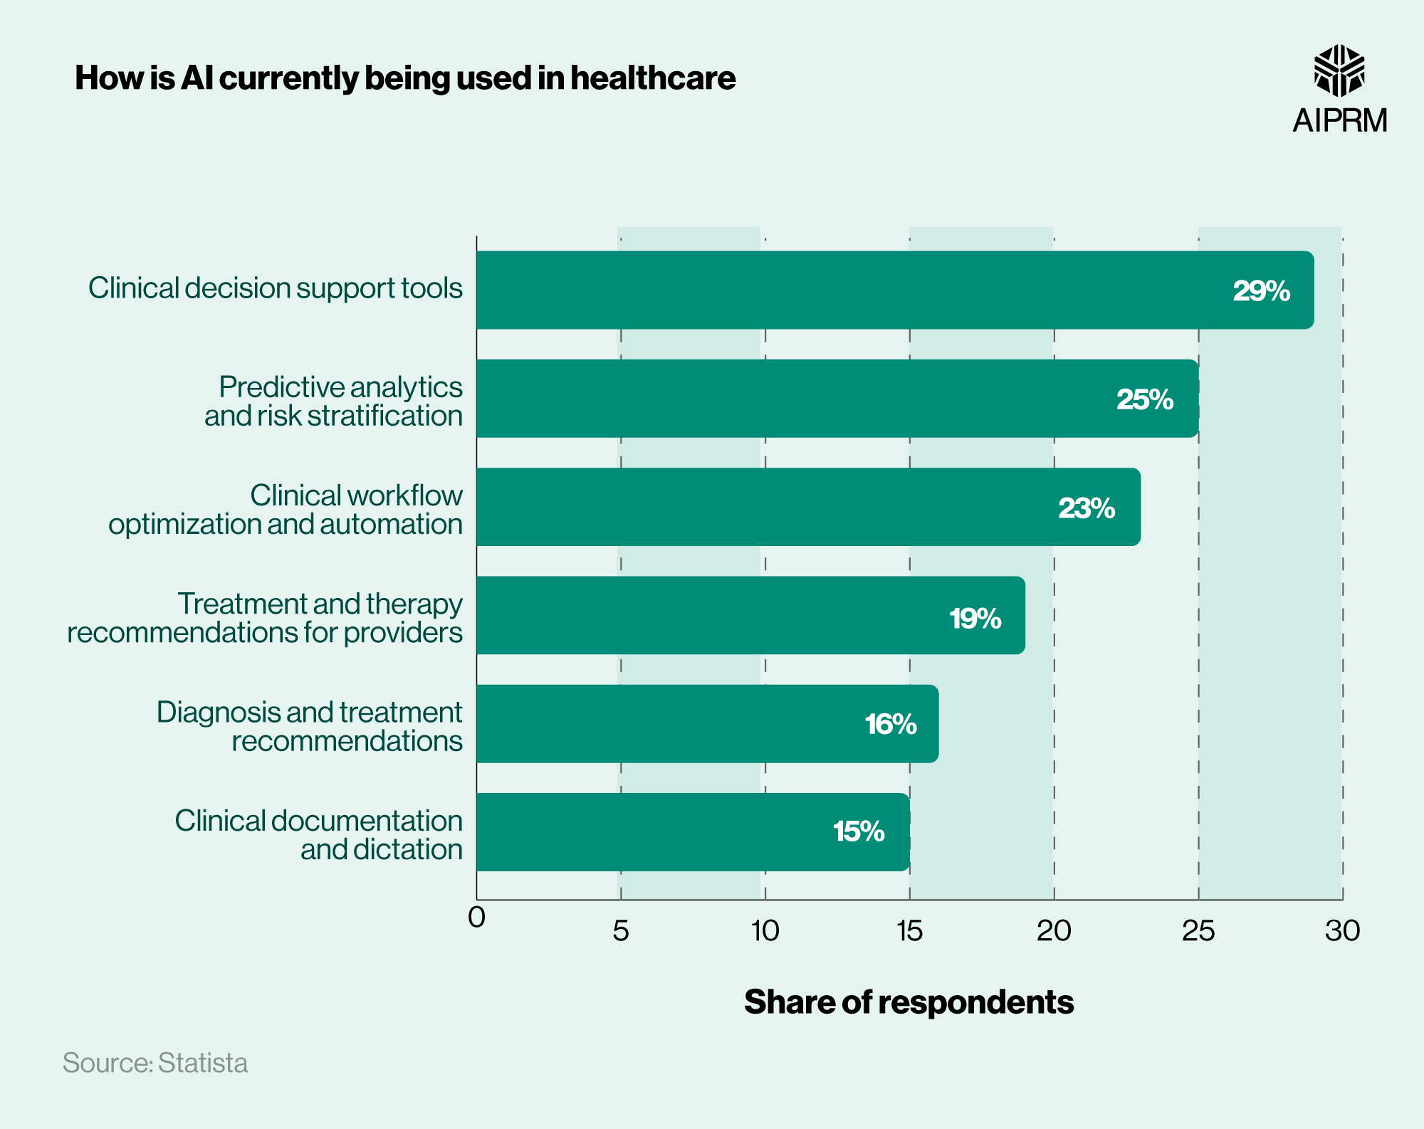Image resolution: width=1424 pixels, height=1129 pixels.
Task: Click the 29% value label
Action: click(x=1261, y=291)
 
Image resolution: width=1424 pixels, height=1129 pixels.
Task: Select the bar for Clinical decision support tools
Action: click(x=854, y=290)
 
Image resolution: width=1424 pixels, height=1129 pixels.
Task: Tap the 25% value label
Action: click(x=1144, y=399)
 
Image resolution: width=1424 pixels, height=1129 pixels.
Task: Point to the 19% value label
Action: click(x=975, y=618)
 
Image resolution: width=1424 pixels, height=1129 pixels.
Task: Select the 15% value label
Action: click(x=858, y=831)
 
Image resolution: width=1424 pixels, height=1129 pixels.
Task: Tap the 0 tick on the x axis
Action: click(x=476, y=918)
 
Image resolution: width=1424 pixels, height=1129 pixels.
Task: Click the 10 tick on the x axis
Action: click(x=765, y=931)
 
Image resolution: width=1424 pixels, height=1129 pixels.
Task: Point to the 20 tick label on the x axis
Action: click(x=1054, y=931)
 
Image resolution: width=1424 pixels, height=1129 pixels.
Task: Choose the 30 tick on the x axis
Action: click(x=1342, y=931)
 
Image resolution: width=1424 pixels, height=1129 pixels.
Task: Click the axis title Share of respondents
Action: click(x=909, y=1002)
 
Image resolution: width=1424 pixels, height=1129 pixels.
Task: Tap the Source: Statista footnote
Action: click(x=155, y=1063)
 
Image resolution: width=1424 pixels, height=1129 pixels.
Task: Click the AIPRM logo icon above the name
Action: click(x=1339, y=70)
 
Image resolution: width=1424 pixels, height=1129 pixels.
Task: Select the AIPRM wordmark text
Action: click(x=1339, y=120)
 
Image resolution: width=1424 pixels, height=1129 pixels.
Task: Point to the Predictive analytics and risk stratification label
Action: click(x=333, y=401)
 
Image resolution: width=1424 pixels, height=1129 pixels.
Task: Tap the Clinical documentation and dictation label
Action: click(x=318, y=835)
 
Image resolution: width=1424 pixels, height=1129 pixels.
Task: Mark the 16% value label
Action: click(x=890, y=724)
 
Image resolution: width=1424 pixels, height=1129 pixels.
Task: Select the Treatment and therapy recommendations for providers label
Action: click(x=265, y=618)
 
